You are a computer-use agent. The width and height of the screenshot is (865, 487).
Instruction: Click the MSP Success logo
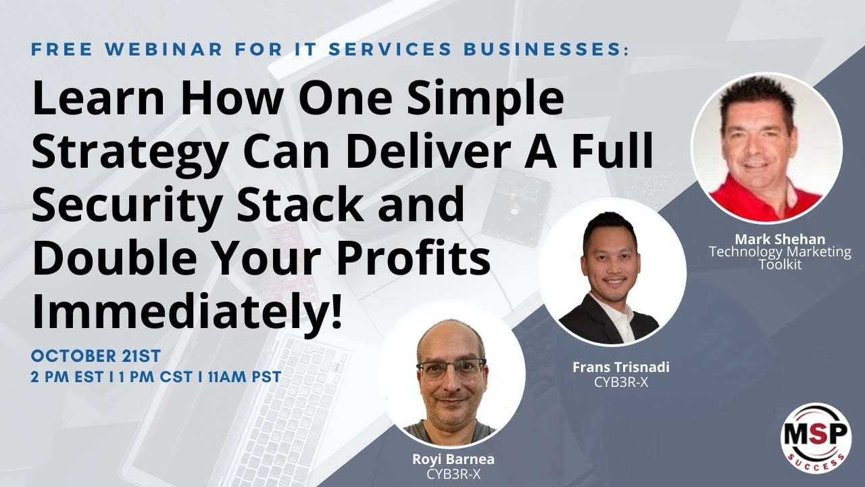point(816,434)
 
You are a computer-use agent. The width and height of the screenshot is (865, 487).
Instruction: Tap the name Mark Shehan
point(780,239)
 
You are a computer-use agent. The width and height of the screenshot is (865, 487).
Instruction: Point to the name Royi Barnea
point(453,459)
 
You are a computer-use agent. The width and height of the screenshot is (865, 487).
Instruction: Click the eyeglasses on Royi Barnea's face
point(451,368)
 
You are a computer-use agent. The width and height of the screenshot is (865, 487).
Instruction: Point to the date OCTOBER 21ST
point(95,356)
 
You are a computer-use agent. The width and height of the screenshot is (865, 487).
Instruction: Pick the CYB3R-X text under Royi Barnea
point(453,473)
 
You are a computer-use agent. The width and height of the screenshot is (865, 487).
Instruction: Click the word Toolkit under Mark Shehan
point(780,264)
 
